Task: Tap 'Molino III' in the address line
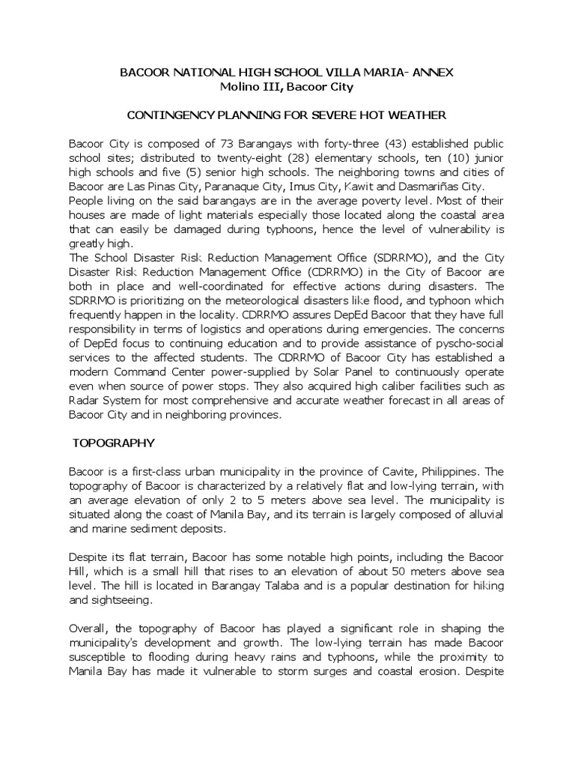tap(244, 86)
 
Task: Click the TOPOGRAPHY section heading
tap(112, 443)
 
